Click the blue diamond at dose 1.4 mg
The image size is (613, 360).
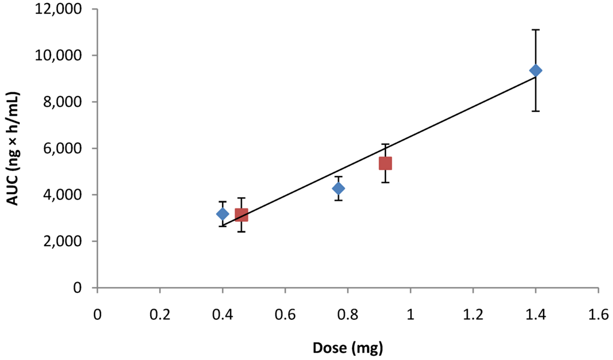(x=535, y=71)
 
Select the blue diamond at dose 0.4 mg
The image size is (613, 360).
(x=223, y=214)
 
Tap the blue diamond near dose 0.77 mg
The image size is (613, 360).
(x=338, y=189)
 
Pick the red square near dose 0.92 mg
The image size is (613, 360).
(x=385, y=163)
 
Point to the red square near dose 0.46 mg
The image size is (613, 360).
(x=241, y=214)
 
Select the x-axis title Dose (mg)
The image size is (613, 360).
(x=348, y=347)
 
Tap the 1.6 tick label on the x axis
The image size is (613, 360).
(x=598, y=315)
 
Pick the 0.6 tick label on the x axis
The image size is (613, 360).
(x=285, y=315)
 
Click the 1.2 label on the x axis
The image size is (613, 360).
(x=473, y=315)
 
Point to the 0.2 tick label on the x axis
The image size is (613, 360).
(x=160, y=315)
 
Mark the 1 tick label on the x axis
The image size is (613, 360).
(x=410, y=315)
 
